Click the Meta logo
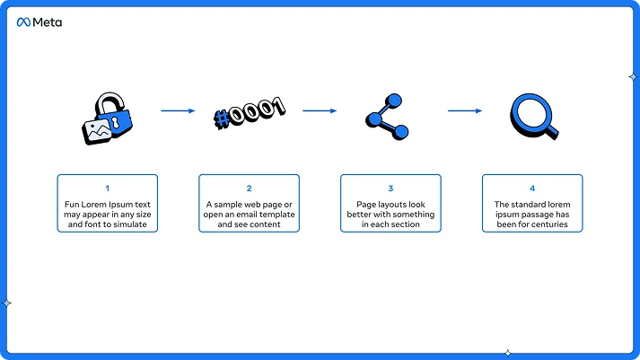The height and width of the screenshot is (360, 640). coord(39,22)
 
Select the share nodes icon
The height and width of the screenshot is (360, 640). coord(389,117)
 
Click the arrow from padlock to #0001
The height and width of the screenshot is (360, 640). coord(178,111)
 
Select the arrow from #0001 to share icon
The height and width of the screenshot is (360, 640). coord(320,111)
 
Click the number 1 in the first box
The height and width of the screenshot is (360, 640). coord(107,189)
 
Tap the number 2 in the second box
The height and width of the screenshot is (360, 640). coord(249,189)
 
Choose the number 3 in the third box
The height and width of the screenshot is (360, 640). coord(390,189)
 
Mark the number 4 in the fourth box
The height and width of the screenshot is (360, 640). coord(532,189)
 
